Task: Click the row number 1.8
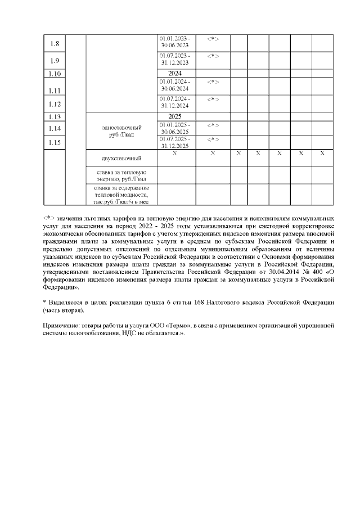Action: [x=55, y=44]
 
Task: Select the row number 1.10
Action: [x=55, y=74]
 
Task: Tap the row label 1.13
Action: [x=55, y=117]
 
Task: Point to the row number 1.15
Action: [x=55, y=143]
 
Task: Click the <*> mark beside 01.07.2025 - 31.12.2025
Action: [x=213, y=139]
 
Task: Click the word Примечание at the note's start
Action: [x=62, y=325]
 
